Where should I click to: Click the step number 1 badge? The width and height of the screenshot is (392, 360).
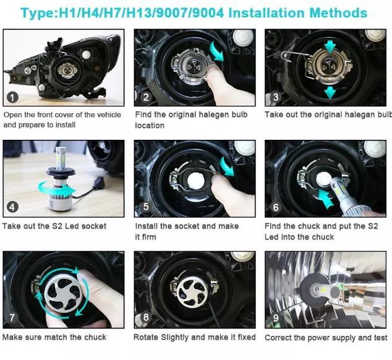pos(12,97)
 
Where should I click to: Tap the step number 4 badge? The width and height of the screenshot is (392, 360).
pos(12,207)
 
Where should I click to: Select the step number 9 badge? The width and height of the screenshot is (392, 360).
pos(276,318)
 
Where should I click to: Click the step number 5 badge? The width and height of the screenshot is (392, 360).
pos(146,207)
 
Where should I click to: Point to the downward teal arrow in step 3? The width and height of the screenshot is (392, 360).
pos(330,92)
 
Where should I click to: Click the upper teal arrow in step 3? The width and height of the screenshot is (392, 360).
pos(330,47)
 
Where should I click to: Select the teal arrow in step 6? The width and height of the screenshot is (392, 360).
pos(326,199)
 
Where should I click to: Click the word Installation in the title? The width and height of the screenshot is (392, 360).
pos(266,13)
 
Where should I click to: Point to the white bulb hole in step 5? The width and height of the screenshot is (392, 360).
pos(196,181)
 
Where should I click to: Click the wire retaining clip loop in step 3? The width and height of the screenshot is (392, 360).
pos(286,56)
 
